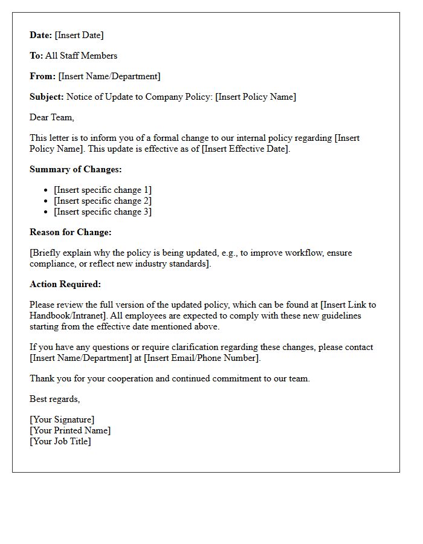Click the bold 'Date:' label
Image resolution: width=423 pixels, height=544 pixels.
41,35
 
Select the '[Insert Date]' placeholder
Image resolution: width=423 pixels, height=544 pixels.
79,35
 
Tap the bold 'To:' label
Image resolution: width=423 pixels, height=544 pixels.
36,56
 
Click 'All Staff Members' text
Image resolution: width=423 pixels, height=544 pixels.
82,56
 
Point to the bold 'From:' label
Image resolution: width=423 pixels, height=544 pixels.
43,76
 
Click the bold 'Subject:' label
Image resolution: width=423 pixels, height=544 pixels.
47,97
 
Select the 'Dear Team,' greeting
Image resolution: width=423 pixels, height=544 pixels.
52,117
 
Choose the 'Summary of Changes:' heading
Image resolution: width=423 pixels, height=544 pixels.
76,169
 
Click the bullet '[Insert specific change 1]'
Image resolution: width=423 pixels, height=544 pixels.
103,190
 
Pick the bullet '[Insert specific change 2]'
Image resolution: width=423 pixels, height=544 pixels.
103,201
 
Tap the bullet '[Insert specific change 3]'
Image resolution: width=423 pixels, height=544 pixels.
103,212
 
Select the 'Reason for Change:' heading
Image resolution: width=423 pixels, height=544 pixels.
71,232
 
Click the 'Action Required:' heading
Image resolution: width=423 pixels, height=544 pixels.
65,284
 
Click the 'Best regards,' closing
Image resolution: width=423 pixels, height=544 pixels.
55,399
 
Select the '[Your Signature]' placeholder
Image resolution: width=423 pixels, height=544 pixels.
62,419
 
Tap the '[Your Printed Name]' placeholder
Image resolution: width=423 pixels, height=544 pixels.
70,430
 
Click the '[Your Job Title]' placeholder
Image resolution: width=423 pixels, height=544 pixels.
60,441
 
